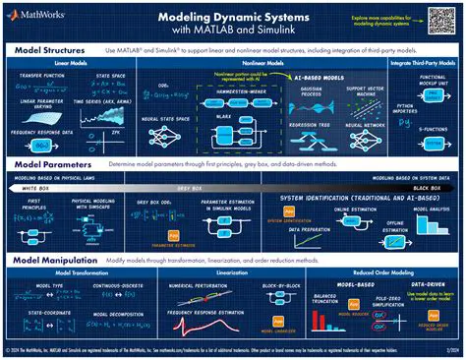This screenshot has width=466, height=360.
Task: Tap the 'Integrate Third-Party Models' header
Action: pos(424,63)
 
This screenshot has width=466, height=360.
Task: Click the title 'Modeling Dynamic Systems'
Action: pos(233,17)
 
